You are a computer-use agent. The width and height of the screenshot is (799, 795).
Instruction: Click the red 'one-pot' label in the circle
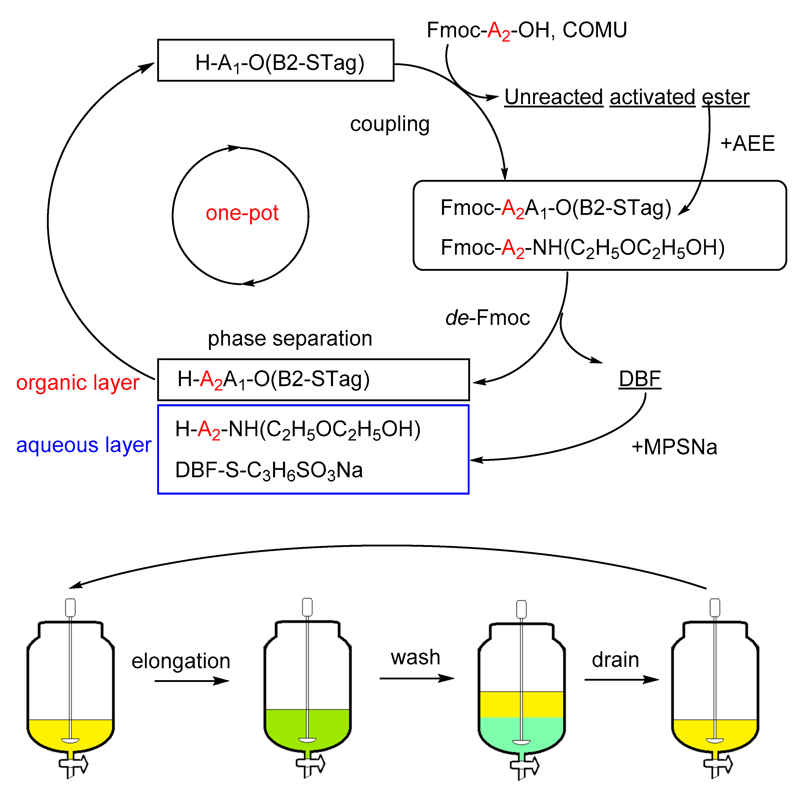[x=242, y=213]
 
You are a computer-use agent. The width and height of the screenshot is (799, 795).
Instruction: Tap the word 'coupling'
[x=390, y=124]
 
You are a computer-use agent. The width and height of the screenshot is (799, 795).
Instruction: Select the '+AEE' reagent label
[x=747, y=143]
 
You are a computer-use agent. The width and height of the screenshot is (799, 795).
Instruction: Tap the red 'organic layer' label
[x=78, y=383]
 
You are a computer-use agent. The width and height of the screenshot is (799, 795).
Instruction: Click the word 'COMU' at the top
[x=595, y=30]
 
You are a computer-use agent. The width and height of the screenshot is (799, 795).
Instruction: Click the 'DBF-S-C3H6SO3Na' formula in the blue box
[x=269, y=470]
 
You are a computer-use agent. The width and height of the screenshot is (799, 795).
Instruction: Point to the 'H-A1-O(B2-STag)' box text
[x=280, y=63]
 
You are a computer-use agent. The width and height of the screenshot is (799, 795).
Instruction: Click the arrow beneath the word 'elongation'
[x=191, y=681]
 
